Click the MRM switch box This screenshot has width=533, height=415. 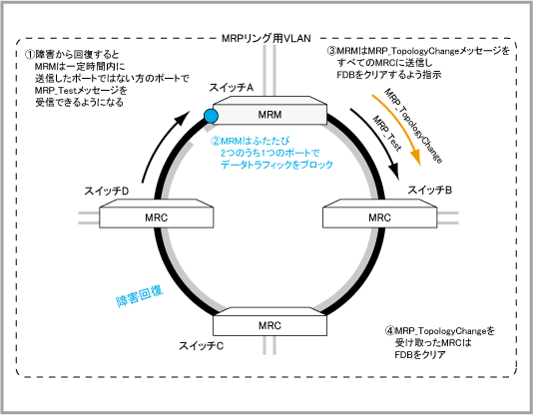click(269, 111)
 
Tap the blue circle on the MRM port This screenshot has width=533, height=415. click(211, 117)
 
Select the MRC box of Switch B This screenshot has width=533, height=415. click(379, 213)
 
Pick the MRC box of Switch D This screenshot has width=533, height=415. click(157, 213)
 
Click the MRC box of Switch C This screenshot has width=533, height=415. click(269, 321)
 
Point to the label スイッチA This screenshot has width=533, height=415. click(232, 88)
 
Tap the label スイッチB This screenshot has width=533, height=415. click(429, 190)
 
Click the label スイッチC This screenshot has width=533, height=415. click(202, 346)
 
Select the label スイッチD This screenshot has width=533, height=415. click(107, 192)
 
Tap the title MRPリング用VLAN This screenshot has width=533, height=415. click(266, 38)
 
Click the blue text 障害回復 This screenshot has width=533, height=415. click(140, 296)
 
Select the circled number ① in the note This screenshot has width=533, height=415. click(30, 54)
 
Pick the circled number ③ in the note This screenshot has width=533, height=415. click(331, 51)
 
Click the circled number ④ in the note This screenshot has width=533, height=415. click(389, 330)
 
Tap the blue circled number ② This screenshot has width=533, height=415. click(216, 141)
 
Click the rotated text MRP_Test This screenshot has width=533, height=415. click(387, 133)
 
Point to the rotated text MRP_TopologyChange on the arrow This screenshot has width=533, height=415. click(413, 126)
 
